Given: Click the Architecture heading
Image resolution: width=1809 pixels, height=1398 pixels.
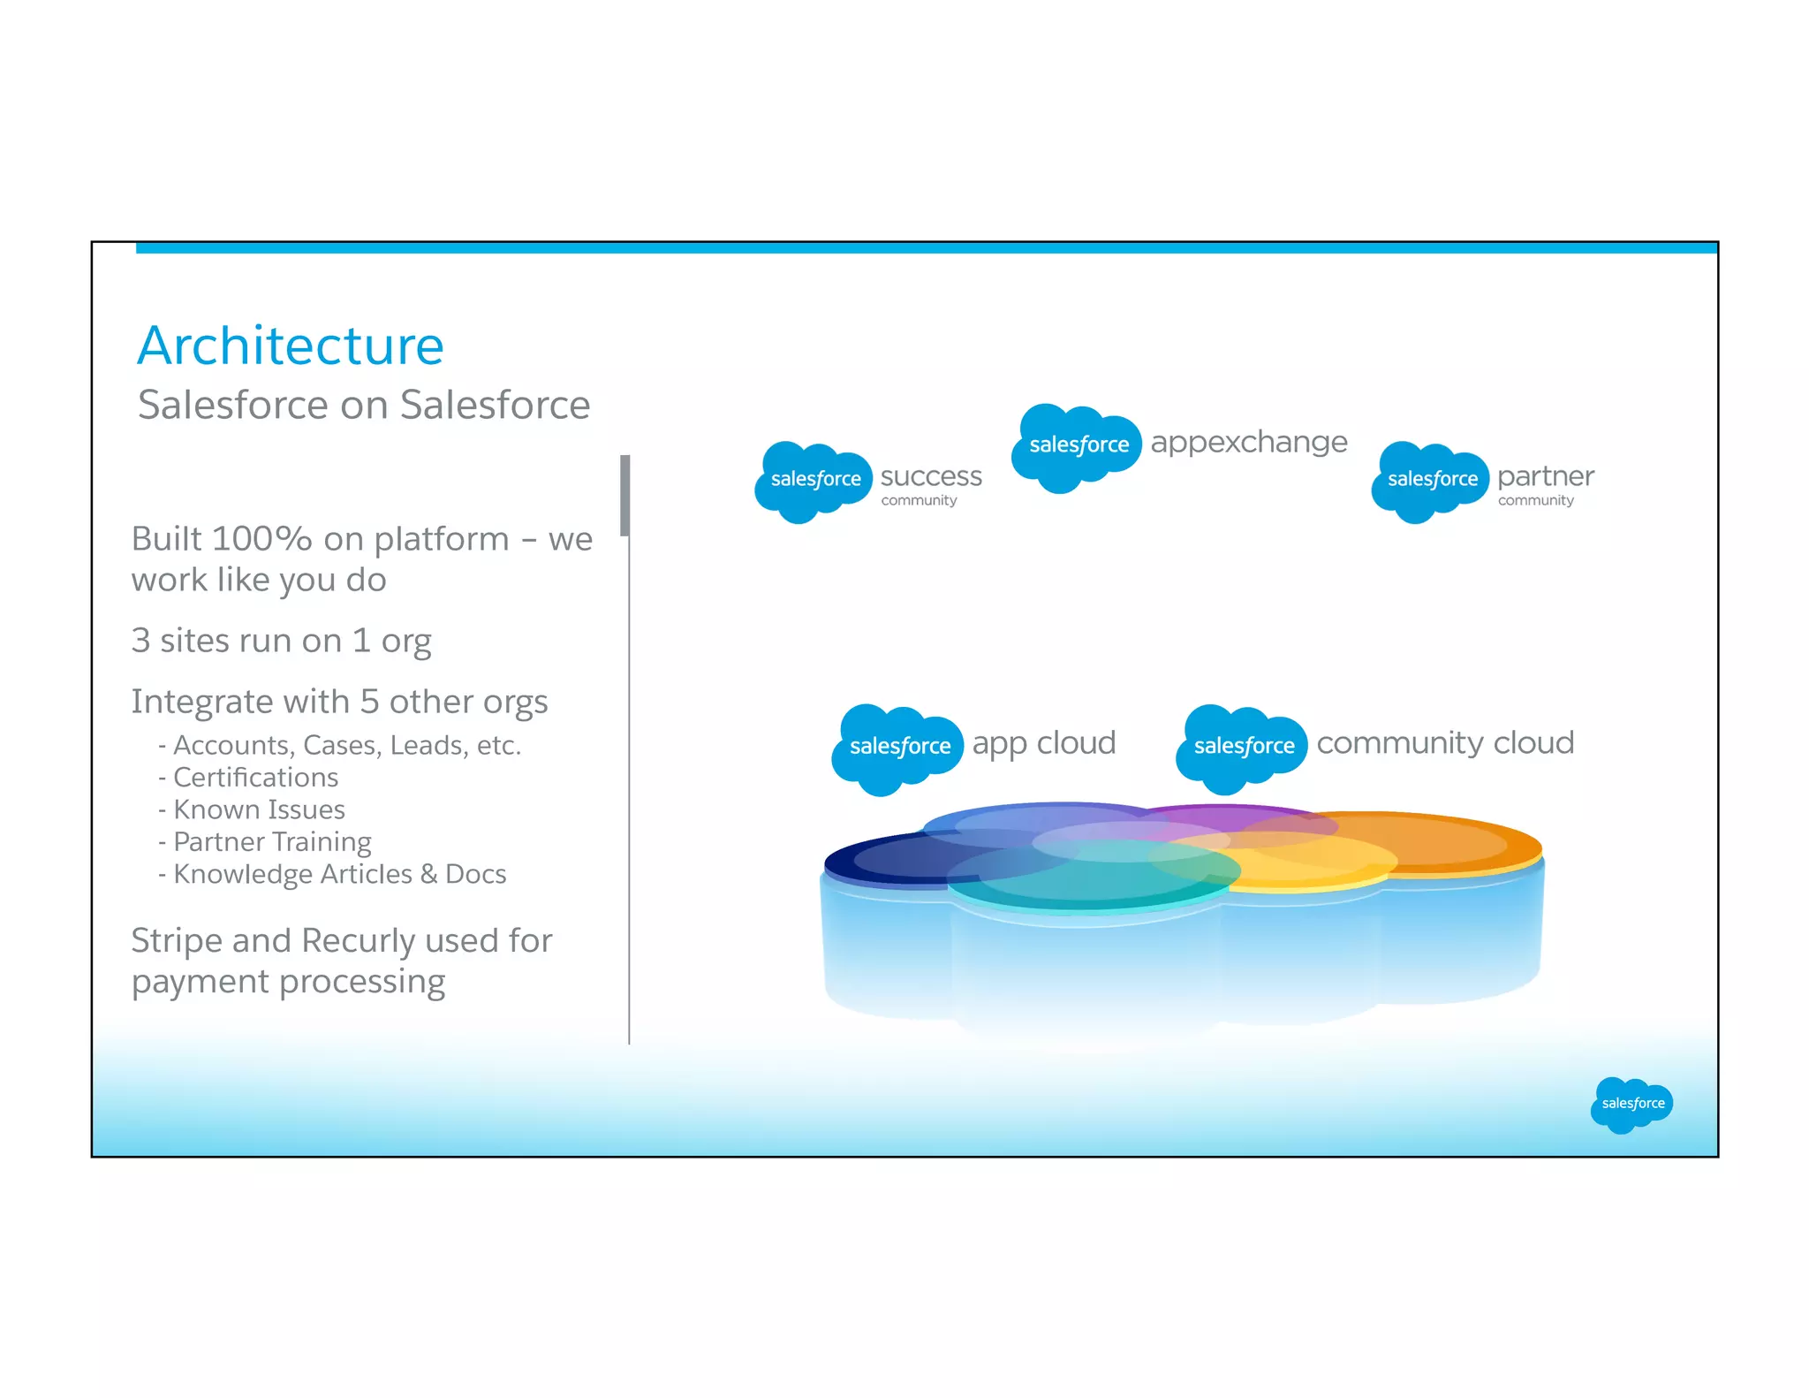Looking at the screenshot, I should pyautogui.click(x=291, y=346).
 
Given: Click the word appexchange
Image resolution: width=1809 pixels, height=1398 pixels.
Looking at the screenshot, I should pyautogui.click(x=1248, y=442).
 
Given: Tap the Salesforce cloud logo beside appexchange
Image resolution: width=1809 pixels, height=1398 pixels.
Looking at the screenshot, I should pyautogui.click(x=1078, y=445).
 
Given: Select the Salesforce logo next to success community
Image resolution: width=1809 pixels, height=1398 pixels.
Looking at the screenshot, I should pyautogui.click(x=814, y=480).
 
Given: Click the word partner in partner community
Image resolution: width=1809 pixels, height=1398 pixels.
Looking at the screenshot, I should pyautogui.click(x=1545, y=476).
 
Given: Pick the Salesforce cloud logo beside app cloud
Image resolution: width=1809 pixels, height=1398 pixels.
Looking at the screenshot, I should pyautogui.click(x=898, y=747).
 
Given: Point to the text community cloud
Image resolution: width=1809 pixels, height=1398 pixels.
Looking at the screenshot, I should pyautogui.click(x=1444, y=743).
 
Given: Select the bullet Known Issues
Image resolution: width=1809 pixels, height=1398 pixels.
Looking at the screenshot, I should pyautogui.click(x=258, y=809).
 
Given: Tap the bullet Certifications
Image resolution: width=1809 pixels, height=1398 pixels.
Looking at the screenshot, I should pyautogui.click(x=255, y=778).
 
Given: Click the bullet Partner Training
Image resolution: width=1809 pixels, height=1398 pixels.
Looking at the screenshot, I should pyautogui.click(x=271, y=842).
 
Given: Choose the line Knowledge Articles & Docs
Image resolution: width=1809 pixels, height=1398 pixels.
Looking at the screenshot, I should pyautogui.click(x=339, y=874).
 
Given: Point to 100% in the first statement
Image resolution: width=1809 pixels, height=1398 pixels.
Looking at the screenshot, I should pyautogui.click(x=261, y=539).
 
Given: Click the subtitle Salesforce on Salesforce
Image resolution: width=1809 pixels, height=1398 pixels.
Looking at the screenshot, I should pyautogui.click(x=364, y=406).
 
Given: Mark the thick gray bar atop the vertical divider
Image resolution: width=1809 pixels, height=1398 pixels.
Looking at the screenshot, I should pyautogui.click(x=624, y=495).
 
